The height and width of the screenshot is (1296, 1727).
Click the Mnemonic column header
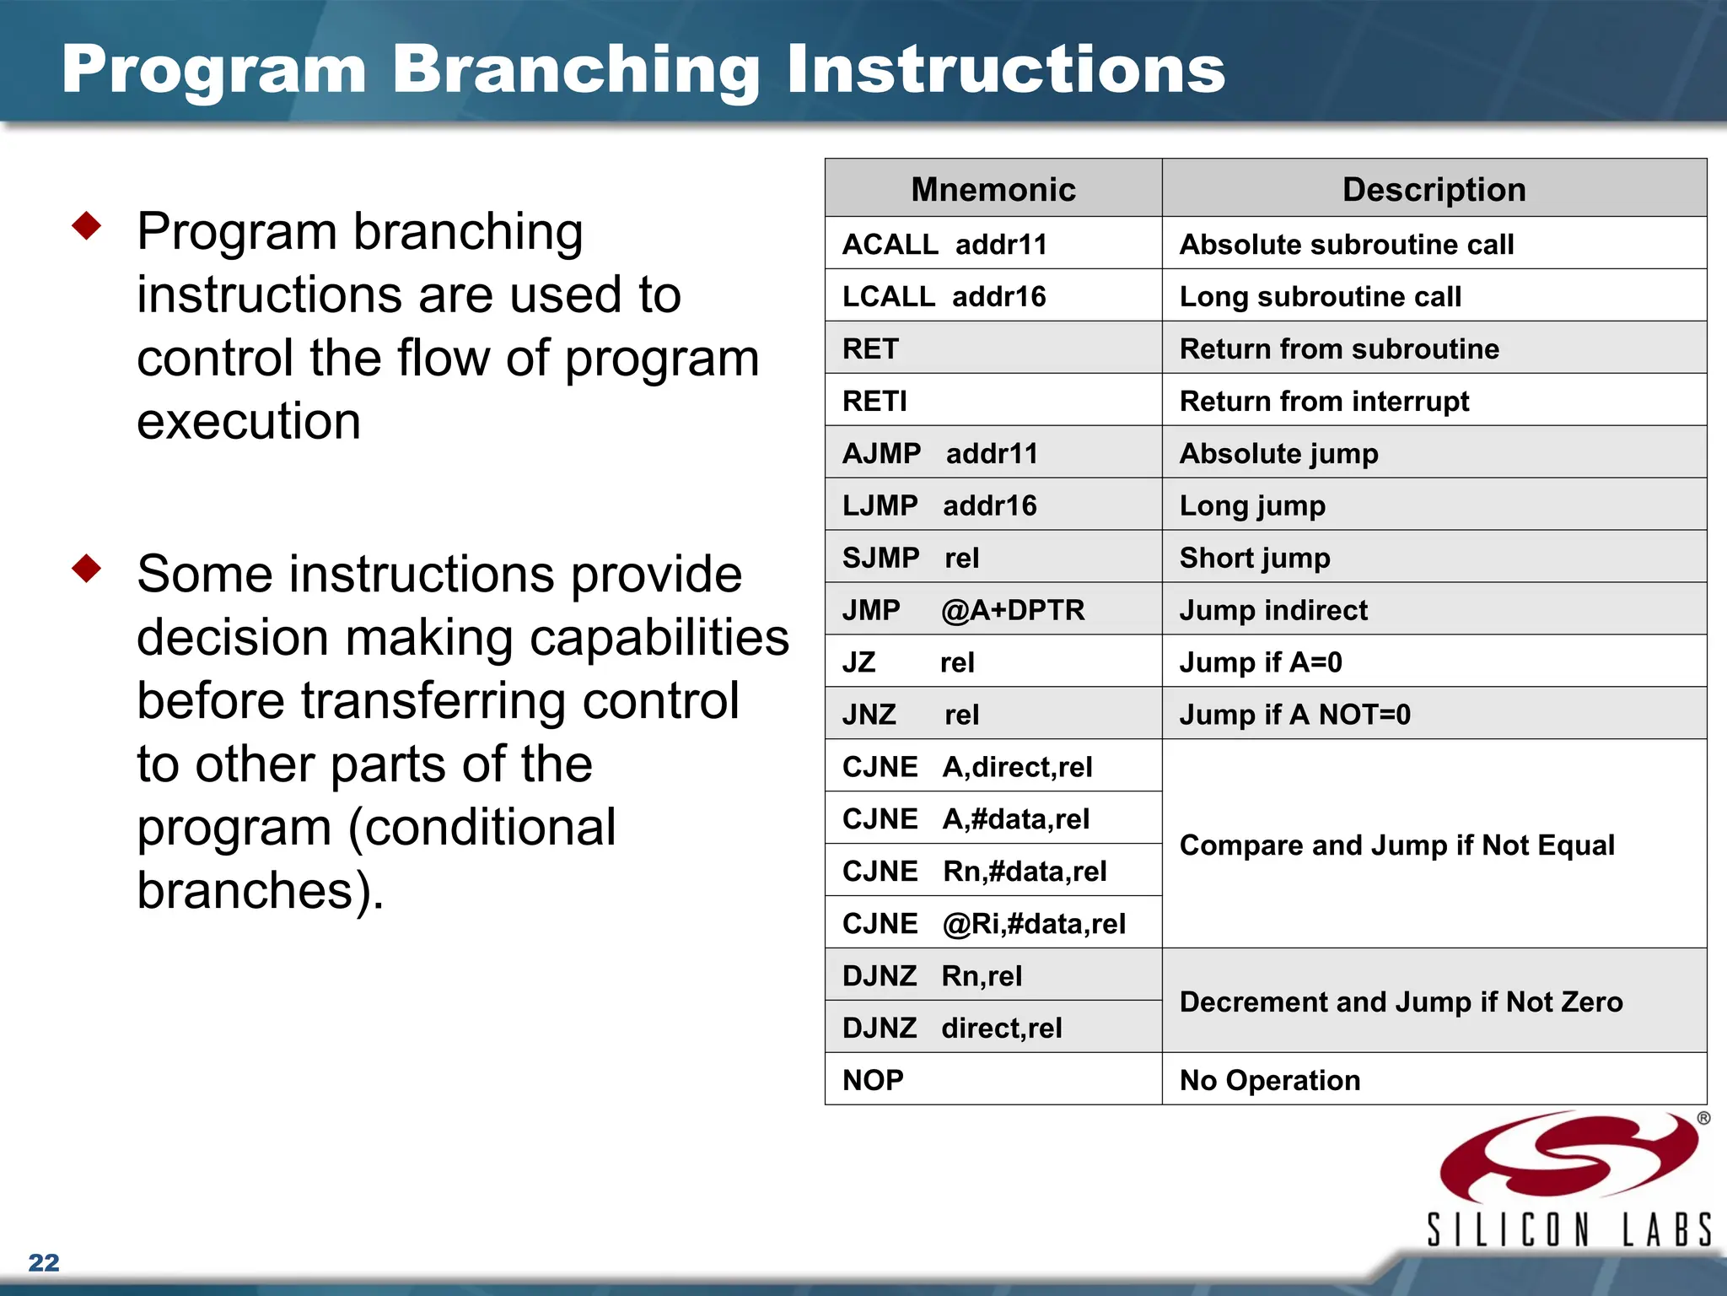[993, 189]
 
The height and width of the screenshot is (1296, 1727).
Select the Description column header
[1434, 189]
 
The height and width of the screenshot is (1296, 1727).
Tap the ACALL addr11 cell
[944, 244]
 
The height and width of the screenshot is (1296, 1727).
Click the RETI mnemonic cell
[875, 401]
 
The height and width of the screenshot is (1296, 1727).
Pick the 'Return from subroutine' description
[1339, 348]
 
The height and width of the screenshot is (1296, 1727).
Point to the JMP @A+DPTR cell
[964, 610]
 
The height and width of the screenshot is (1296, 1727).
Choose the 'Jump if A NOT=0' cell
[1294, 715]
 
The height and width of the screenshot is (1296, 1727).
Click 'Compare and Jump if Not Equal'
[1396, 845]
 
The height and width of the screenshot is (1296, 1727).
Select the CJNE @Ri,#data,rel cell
[983, 923]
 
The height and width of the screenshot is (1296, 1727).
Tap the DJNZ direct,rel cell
[952, 1028]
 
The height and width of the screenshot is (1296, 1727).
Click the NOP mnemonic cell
[874, 1080]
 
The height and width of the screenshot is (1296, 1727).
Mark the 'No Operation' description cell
[1270, 1080]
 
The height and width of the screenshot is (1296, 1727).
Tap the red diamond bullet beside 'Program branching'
[87, 225]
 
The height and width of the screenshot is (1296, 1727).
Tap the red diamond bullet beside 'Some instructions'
[87, 568]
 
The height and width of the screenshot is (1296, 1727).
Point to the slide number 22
[44, 1262]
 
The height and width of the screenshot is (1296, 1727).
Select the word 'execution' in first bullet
[249, 421]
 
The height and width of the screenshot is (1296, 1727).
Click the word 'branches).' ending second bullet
[261, 890]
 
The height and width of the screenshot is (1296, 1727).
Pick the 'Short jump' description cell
[1255, 558]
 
